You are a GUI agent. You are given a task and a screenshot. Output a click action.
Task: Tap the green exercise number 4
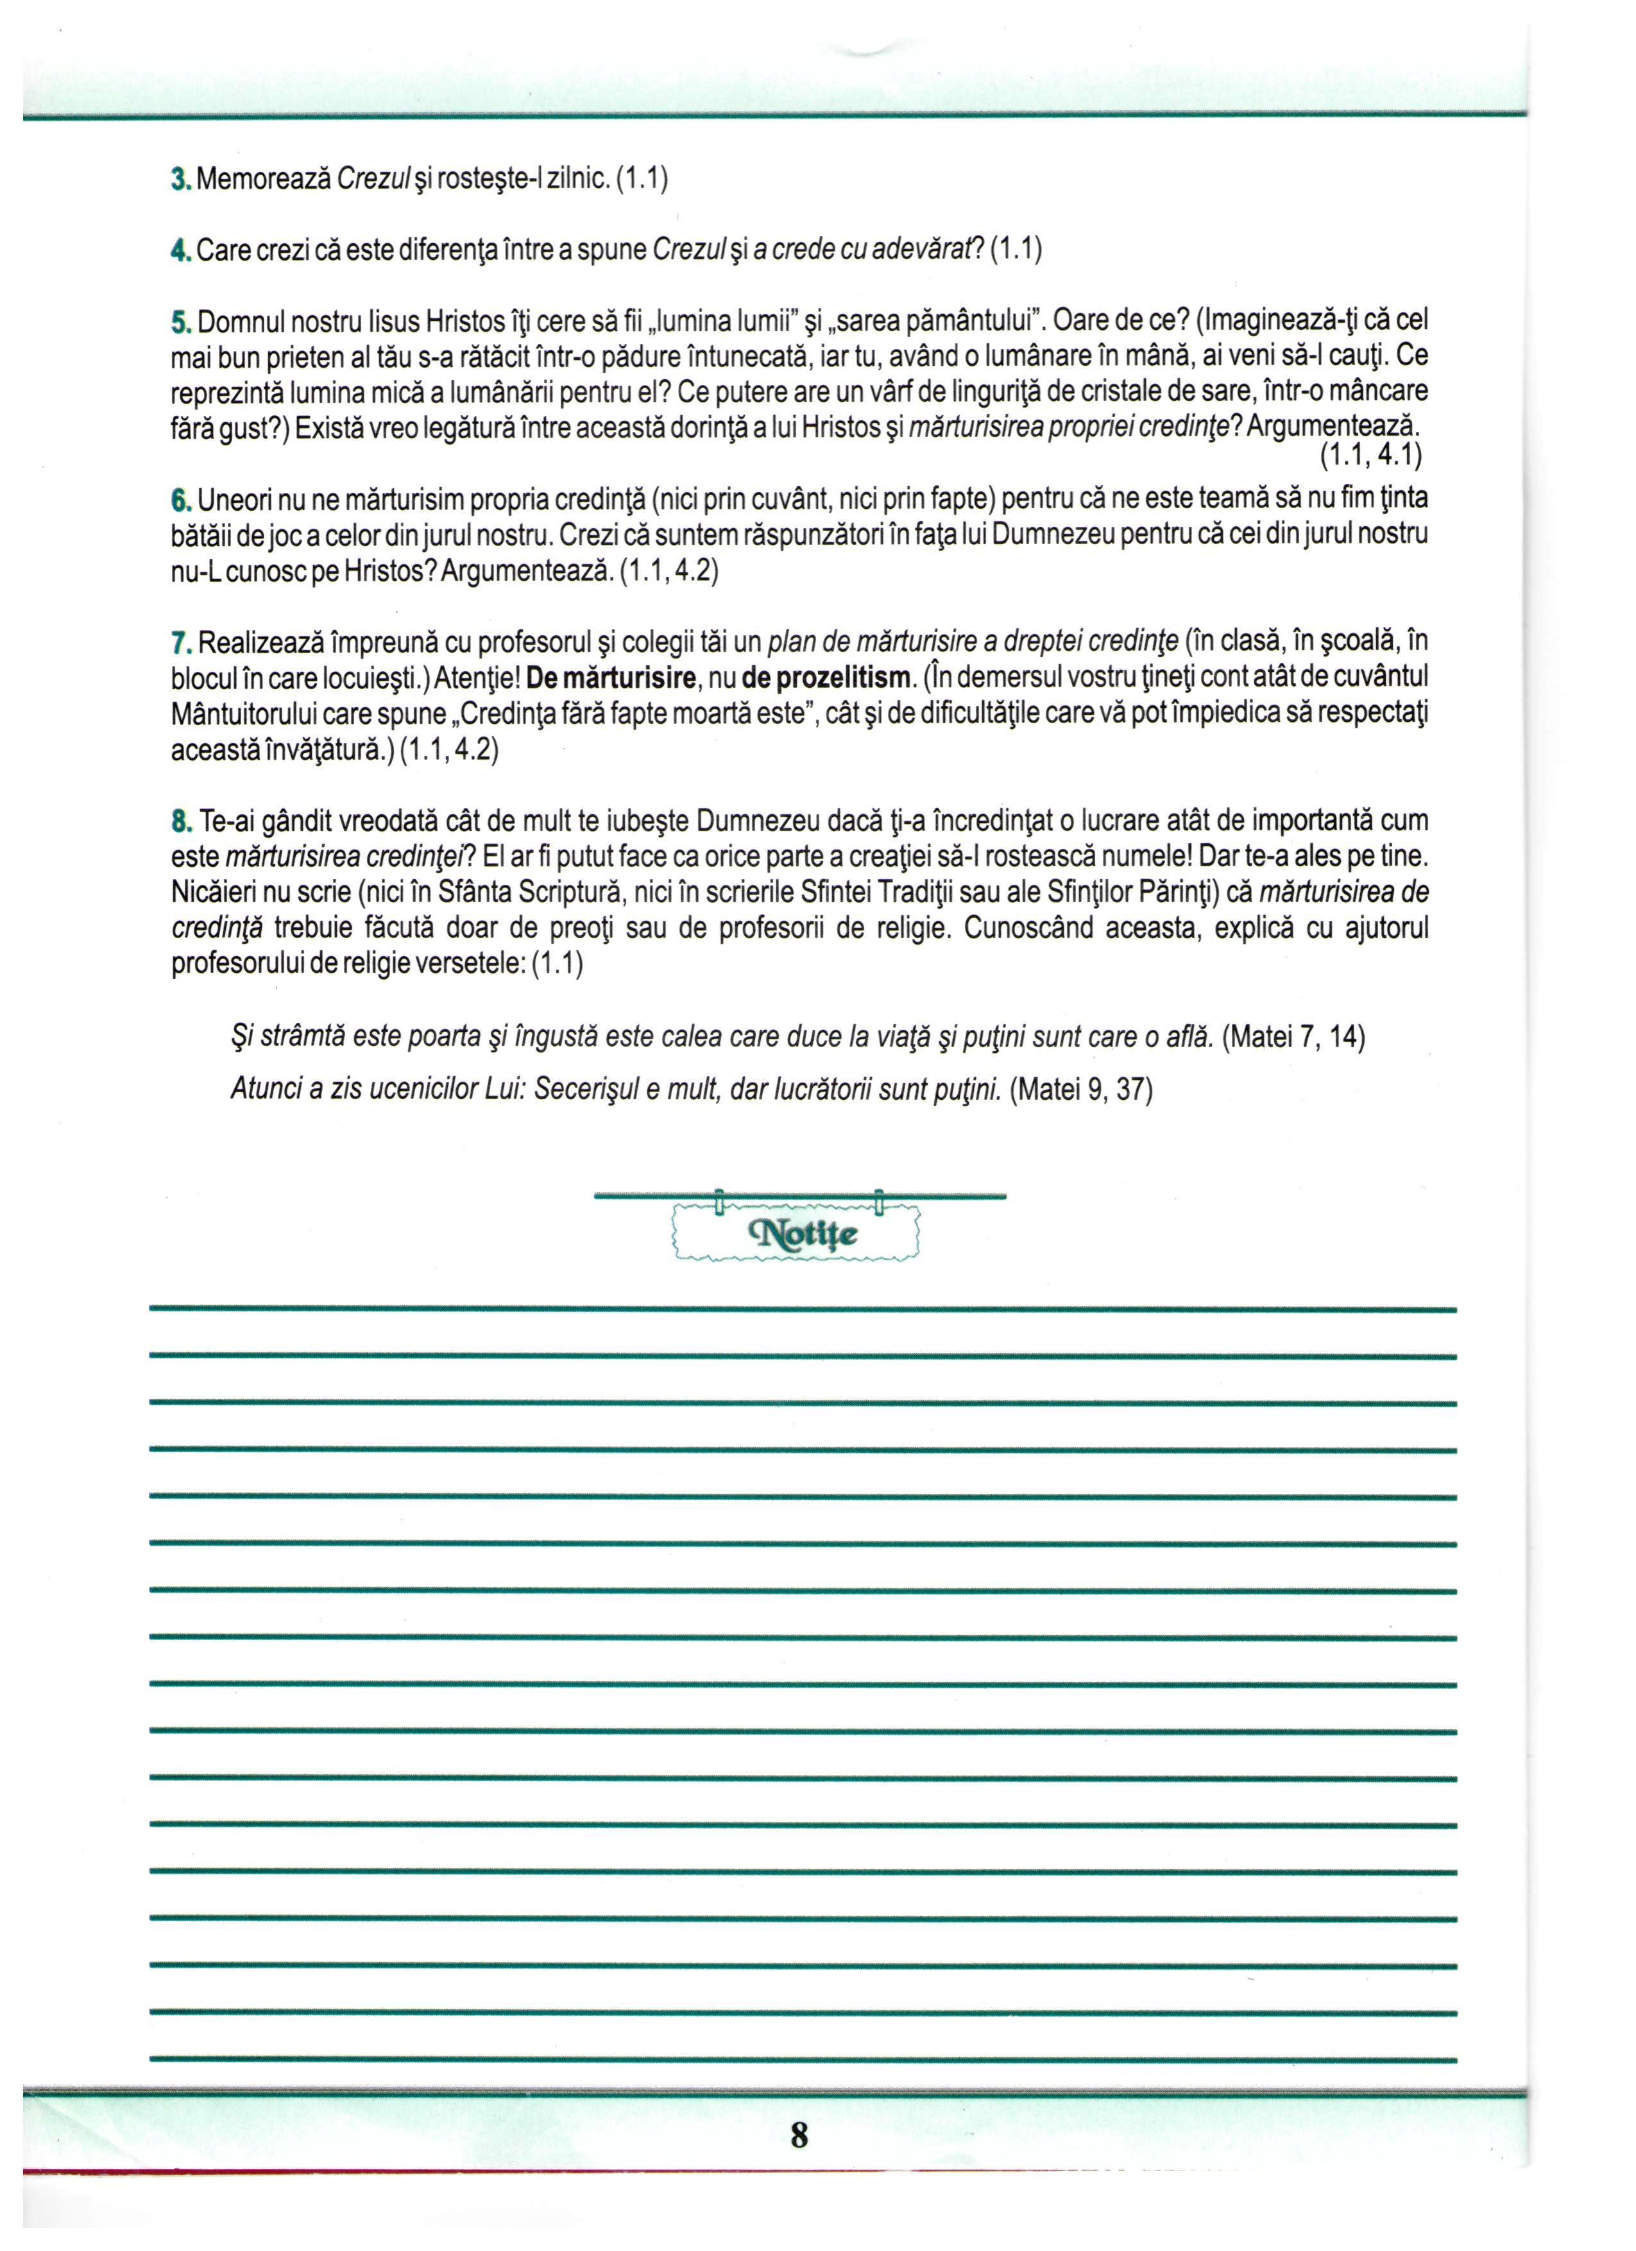178,250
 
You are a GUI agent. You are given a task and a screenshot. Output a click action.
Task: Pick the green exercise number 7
178,643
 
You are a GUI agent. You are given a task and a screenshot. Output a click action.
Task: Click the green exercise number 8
178,821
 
